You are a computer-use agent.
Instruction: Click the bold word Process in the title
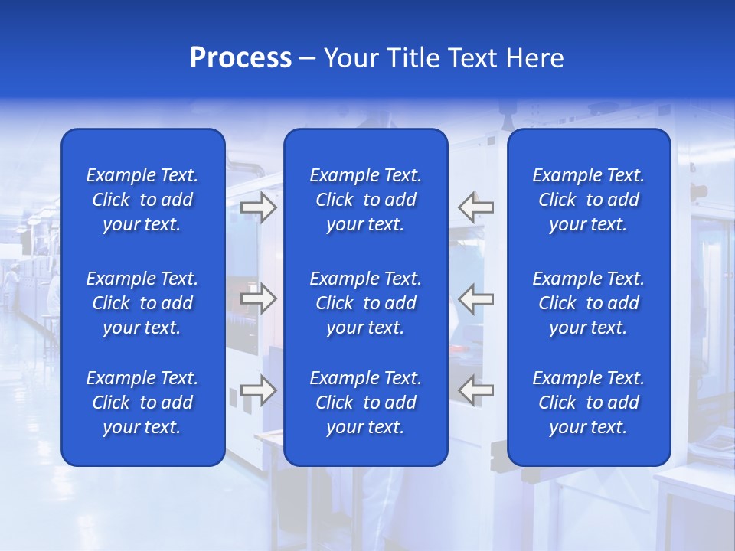click(x=240, y=58)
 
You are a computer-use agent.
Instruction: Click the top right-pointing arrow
click(x=259, y=207)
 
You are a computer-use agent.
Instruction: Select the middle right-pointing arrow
click(x=259, y=298)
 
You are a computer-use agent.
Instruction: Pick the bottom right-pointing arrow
click(x=259, y=390)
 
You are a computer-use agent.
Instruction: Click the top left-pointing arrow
click(x=475, y=207)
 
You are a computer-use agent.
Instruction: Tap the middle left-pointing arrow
click(x=475, y=298)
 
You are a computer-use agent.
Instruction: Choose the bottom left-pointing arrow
click(x=475, y=390)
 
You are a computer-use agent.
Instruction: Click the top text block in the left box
click(x=142, y=200)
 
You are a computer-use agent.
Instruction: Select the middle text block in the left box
click(x=142, y=303)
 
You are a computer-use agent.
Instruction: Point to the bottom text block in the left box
click(x=142, y=403)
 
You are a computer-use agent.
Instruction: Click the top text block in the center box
click(x=365, y=200)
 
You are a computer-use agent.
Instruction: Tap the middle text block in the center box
click(x=365, y=303)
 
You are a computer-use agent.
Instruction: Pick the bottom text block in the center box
click(x=365, y=403)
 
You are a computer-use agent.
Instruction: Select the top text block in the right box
click(x=588, y=200)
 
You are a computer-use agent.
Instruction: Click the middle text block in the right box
click(x=588, y=303)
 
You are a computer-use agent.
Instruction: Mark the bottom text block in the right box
click(x=588, y=403)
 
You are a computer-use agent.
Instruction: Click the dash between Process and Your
click(x=307, y=59)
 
